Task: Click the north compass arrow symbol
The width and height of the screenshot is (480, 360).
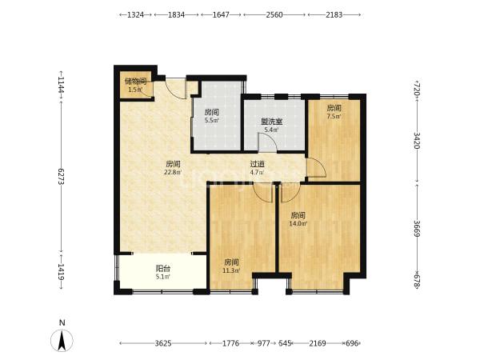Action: tap(62, 341)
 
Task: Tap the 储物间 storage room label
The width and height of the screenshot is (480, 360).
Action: tap(135, 82)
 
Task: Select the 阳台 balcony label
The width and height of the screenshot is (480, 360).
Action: tap(163, 269)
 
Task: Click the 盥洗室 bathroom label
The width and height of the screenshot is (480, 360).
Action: tap(271, 122)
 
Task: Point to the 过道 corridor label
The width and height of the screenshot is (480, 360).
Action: tap(257, 164)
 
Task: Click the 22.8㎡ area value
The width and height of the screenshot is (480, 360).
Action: tap(173, 172)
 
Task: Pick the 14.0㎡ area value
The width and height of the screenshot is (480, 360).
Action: tap(298, 223)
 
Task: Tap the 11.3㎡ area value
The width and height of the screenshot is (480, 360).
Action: tap(231, 270)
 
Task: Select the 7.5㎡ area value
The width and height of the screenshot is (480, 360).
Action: tap(334, 116)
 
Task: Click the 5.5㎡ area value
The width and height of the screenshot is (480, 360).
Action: tap(211, 120)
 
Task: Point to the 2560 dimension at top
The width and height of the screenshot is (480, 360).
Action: tap(274, 14)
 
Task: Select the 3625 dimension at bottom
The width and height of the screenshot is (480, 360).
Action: tap(163, 343)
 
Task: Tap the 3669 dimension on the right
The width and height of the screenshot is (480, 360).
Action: tap(417, 228)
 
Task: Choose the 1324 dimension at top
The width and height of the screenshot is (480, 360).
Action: tap(136, 14)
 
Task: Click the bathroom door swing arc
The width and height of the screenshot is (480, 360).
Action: tap(268, 142)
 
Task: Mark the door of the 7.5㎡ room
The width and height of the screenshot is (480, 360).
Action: tap(317, 167)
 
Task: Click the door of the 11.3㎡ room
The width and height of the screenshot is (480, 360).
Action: tap(262, 193)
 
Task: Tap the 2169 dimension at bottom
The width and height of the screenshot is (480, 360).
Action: tap(318, 343)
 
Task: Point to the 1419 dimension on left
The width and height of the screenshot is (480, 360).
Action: tap(61, 272)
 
